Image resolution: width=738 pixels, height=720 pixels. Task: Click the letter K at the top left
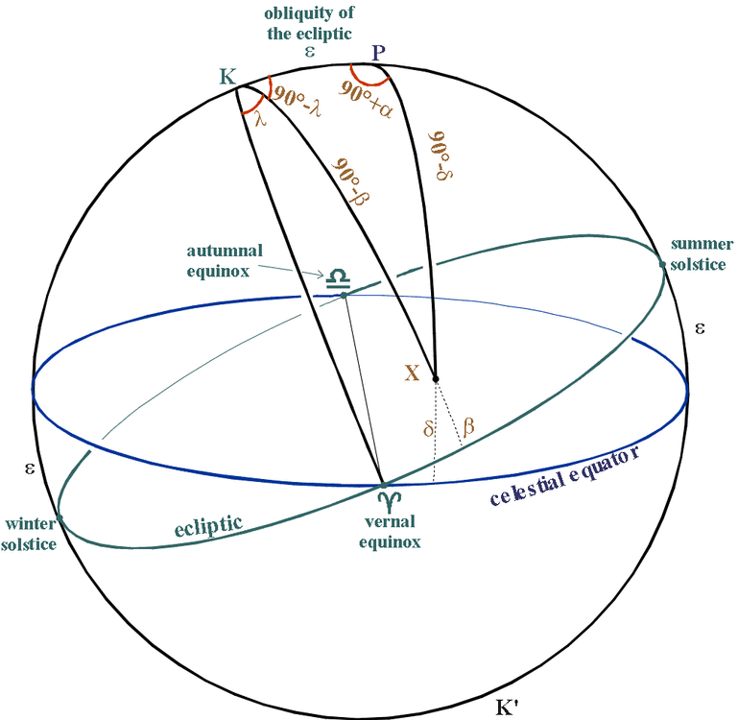(228, 77)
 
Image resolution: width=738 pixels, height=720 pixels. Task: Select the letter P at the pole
(379, 52)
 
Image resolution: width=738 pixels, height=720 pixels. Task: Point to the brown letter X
(413, 373)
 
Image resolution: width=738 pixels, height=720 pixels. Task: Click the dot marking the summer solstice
(662, 264)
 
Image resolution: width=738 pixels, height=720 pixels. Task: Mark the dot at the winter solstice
(60, 517)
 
